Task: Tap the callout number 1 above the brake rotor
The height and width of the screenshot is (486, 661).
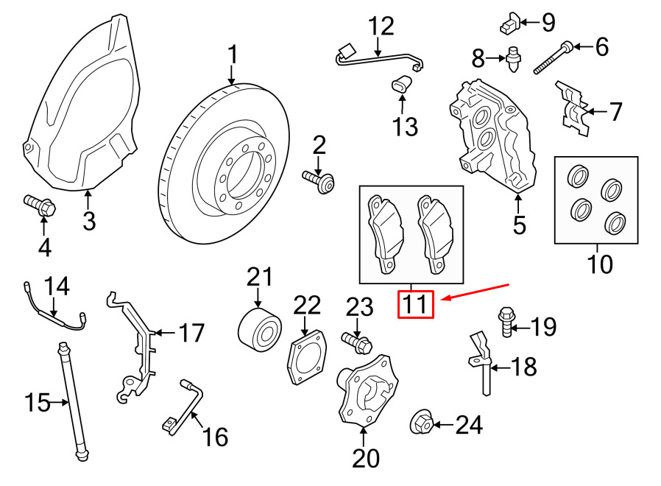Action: tap(233, 55)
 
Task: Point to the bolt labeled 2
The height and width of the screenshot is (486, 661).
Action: tap(319, 180)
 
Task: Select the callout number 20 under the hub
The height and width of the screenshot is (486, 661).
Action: tap(366, 459)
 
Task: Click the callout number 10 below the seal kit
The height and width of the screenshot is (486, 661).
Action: tap(600, 264)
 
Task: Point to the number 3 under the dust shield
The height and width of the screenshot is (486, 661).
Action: tap(89, 221)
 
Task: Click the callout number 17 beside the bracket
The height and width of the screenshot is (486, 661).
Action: tap(191, 334)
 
